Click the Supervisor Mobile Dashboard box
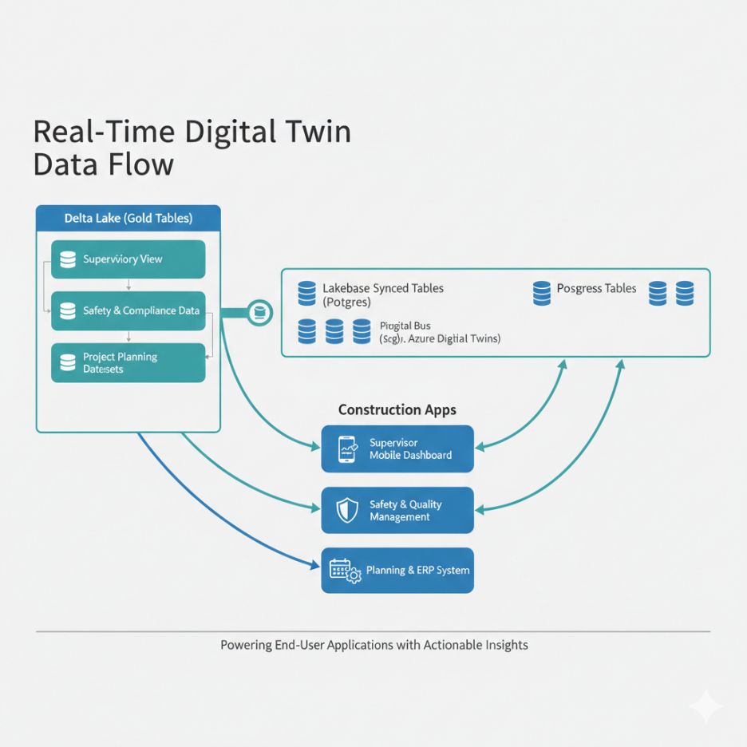(397, 449)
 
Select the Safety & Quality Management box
(397, 511)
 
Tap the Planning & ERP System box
(397, 571)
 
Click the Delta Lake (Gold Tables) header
(128, 218)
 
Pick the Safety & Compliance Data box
(128, 310)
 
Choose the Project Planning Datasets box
(128, 363)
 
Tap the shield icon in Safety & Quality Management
(348, 511)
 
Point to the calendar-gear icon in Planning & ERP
(345, 571)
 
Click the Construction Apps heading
(397, 409)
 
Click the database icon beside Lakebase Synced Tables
(307, 294)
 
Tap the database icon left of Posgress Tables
(542, 293)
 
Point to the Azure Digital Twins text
(454, 338)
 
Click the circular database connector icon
(260, 313)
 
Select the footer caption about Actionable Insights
(373, 645)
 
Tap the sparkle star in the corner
(706, 706)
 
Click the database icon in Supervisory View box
(68, 259)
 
